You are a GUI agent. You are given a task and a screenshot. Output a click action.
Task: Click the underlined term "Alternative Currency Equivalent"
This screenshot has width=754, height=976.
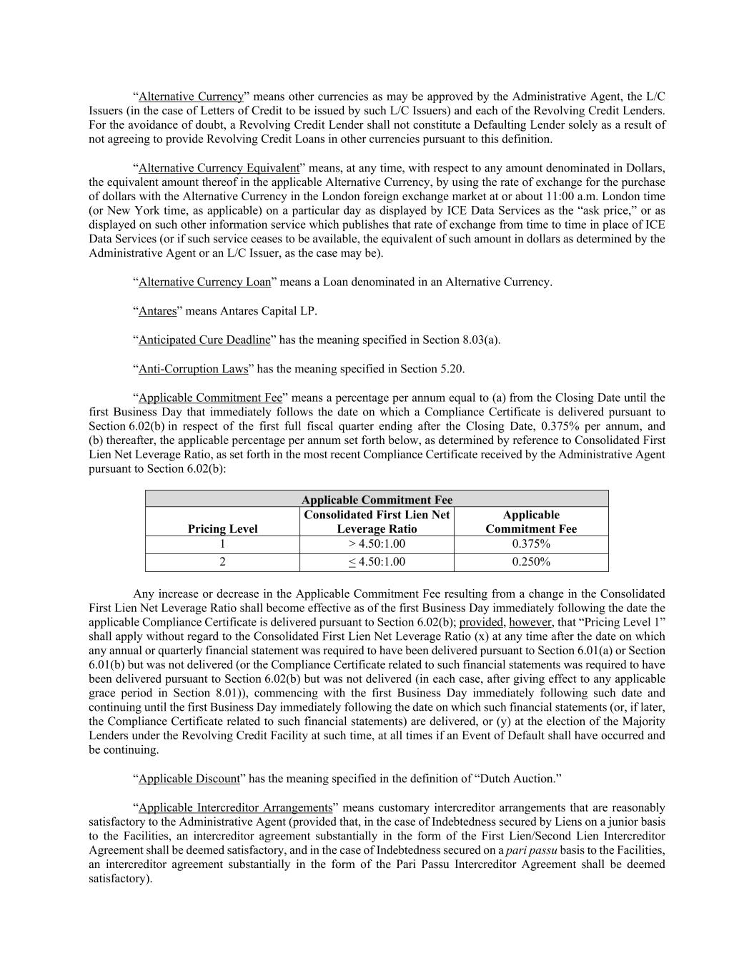coord(219,168)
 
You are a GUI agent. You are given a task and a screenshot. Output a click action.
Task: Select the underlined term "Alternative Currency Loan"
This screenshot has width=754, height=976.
coord(204,282)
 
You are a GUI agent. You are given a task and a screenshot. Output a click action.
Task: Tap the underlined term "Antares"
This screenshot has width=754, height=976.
coord(157,311)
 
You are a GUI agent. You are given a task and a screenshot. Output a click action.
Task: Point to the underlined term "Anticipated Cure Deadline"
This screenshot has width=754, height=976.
coord(204,340)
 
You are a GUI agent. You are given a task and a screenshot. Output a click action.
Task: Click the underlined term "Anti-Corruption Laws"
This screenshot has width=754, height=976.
coord(193,369)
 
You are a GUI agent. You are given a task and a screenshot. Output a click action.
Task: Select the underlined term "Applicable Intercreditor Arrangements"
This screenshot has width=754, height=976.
coord(235,808)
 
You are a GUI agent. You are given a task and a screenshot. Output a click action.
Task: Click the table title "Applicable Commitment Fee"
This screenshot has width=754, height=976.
coord(377,500)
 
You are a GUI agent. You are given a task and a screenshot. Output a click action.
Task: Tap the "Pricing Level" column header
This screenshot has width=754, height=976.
coord(222,529)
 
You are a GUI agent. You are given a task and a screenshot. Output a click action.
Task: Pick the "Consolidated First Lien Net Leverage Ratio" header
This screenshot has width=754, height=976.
coord(377,522)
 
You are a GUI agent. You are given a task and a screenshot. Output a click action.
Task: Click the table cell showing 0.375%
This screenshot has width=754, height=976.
coord(531,544)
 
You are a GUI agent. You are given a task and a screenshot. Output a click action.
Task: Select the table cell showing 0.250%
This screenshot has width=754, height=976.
coord(531,562)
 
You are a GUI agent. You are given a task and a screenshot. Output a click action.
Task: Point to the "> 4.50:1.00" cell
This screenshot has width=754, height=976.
coord(377,544)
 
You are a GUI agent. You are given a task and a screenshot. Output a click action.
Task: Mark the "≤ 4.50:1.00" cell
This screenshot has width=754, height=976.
coord(377,562)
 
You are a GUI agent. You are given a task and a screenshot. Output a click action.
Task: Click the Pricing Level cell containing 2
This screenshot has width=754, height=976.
coord(222,562)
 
